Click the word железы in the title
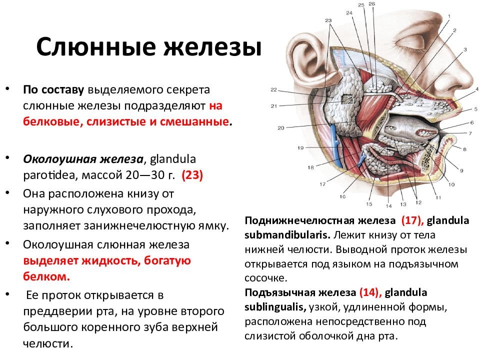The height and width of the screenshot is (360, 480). pyautogui.click(x=213, y=47)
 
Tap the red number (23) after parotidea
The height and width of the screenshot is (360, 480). pyautogui.click(x=192, y=175)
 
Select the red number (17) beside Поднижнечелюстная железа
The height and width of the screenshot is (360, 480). pyautogui.click(x=412, y=220)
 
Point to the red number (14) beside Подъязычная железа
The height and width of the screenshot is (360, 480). pyautogui.click(x=370, y=292)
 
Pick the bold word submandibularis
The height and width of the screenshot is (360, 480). pyautogui.click(x=287, y=235)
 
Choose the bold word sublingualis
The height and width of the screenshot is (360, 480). pyautogui.click(x=275, y=307)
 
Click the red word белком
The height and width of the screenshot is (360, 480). pyautogui.click(x=46, y=276)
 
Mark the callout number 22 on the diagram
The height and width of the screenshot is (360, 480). pyautogui.click(x=273, y=89)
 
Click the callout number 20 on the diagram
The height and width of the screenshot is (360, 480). pyautogui.click(x=281, y=128)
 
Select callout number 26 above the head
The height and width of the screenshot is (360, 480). pyautogui.click(x=371, y=4)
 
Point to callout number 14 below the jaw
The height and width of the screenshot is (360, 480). pyautogui.click(x=389, y=206)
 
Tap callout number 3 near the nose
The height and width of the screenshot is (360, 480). pyautogui.click(x=465, y=49)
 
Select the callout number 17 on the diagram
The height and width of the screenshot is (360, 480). pyautogui.click(x=322, y=184)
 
